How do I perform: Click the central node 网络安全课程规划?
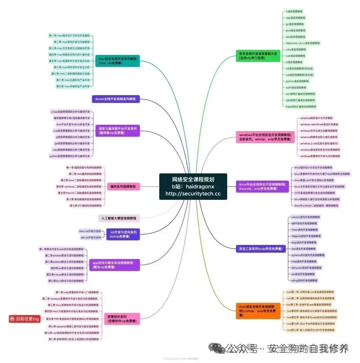pos(193,187)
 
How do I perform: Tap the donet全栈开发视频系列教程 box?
pos(116,99)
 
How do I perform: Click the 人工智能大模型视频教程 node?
pos(119,218)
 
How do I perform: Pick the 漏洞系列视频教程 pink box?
pos(123,187)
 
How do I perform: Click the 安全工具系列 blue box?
pos(260,249)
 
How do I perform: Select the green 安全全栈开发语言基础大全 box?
pos(258,56)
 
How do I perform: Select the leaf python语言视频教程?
pos(297,81)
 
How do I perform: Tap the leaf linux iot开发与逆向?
pos(90,231)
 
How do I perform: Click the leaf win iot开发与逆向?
pos(90,238)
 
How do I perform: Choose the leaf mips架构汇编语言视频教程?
pos(301,106)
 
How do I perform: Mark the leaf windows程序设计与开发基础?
pos(316,118)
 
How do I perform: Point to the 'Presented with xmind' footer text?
pos(180,359)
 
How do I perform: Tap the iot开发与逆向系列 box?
pos(123,234)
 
